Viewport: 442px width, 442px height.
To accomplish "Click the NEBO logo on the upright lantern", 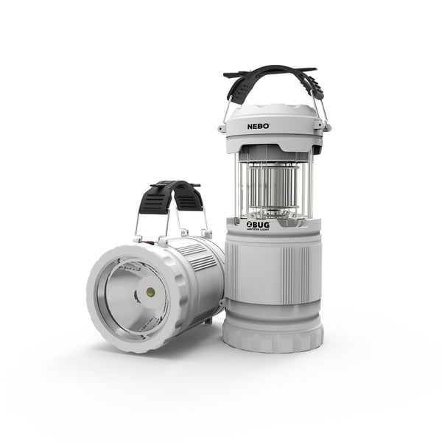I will click(x=257, y=126).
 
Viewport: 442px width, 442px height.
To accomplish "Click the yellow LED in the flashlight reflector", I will click(x=151, y=292).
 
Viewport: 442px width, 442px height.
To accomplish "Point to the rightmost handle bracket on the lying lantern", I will click(x=207, y=234).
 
